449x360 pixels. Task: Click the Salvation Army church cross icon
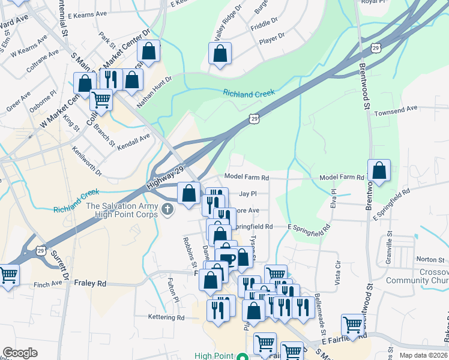click(x=167, y=209)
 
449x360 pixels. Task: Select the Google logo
click(x=20, y=353)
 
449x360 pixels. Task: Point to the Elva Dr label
click(x=333, y=199)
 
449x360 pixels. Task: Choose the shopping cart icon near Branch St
click(x=101, y=99)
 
